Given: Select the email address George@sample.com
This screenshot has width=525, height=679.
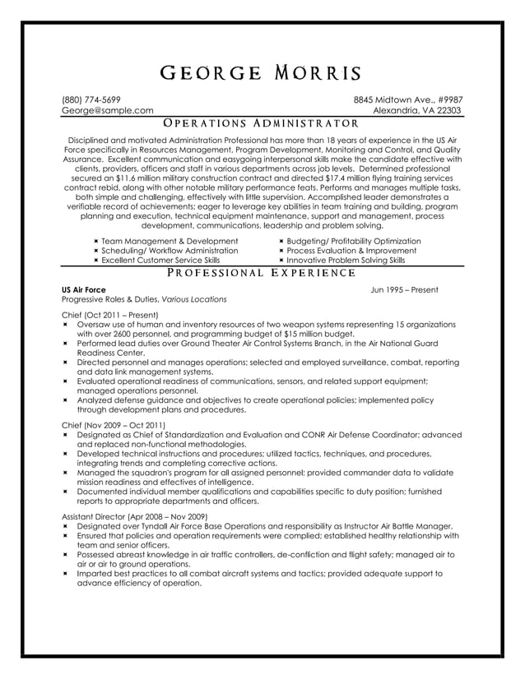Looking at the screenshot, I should [x=108, y=110].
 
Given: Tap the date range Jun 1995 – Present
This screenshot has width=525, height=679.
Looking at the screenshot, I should [x=404, y=289].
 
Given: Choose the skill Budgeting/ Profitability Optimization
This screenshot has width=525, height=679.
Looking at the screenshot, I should [x=353, y=241].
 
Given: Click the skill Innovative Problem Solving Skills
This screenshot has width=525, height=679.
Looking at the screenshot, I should [x=346, y=260].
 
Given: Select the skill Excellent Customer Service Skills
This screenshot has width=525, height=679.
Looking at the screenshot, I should [x=160, y=260].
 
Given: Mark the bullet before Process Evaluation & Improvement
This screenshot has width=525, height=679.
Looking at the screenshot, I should [x=281, y=251].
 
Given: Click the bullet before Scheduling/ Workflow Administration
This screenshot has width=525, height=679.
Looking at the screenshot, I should [x=95, y=251].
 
